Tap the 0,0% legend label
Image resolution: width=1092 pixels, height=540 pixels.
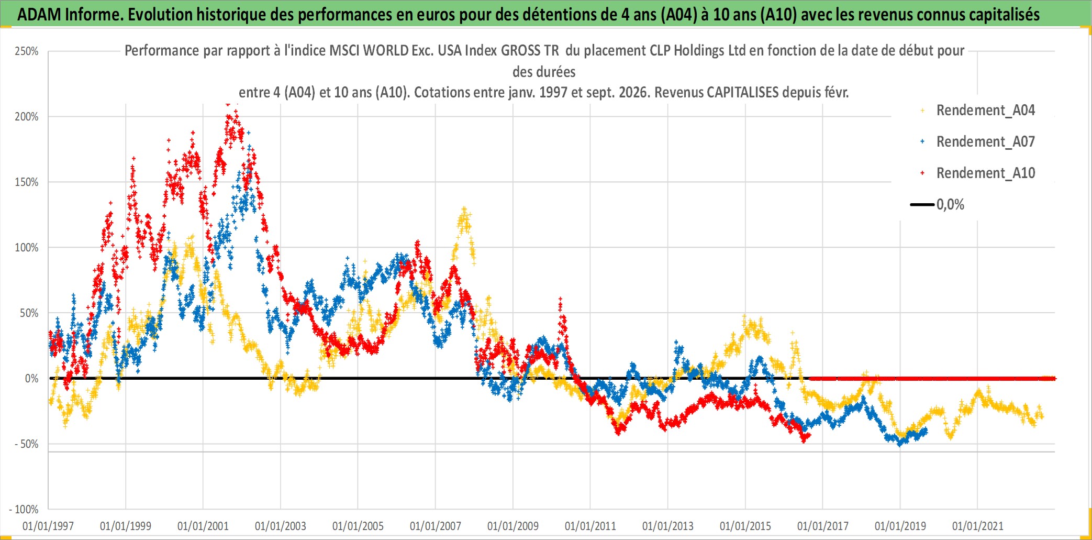pyautogui.click(x=950, y=204)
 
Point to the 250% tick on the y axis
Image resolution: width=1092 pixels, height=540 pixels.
pyautogui.click(x=27, y=51)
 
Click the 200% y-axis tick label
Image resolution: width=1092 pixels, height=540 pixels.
pyautogui.click(x=27, y=117)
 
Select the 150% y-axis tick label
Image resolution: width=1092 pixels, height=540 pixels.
pyautogui.click(x=27, y=182)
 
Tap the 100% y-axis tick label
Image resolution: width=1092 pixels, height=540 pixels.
pyautogui.click(x=27, y=248)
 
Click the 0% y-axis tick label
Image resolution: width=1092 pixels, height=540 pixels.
pyautogui.click(x=32, y=379)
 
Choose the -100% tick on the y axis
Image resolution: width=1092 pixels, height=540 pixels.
pyautogui.click(x=24, y=509)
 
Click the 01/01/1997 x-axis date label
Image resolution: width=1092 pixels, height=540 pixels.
pyautogui.click(x=48, y=526)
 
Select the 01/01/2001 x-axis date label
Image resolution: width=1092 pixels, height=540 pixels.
pyautogui.click(x=203, y=526)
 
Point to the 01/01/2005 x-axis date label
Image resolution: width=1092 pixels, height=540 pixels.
pyautogui.click(x=358, y=526)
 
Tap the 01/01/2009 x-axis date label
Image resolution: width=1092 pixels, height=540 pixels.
pyautogui.click(x=513, y=526)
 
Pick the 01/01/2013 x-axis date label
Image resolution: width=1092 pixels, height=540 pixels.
pyautogui.click(x=668, y=526)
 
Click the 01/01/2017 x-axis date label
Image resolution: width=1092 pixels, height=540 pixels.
pyautogui.click(x=823, y=526)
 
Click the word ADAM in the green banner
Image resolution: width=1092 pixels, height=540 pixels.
pyautogui.click(x=39, y=14)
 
